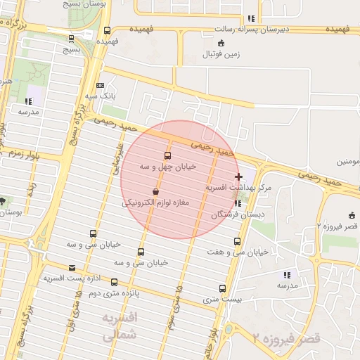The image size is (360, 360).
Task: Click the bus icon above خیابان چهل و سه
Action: pyautogui.click(x=167, y=155)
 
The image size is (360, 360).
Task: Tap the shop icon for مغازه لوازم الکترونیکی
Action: pyautogui.click(x=155, y=191)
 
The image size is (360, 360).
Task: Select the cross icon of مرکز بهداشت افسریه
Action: pyautogui.click(x=239, y=176)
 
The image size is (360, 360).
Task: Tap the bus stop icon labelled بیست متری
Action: pyautogui.click(x=222, y=288)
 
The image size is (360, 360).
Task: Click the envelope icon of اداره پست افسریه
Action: pyautogui.click(x=72, y=268)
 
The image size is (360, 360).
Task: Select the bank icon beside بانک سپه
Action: pyautogui.click(x=101, y=84)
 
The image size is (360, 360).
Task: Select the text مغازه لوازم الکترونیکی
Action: pyautogui.click(x=157, y=202)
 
